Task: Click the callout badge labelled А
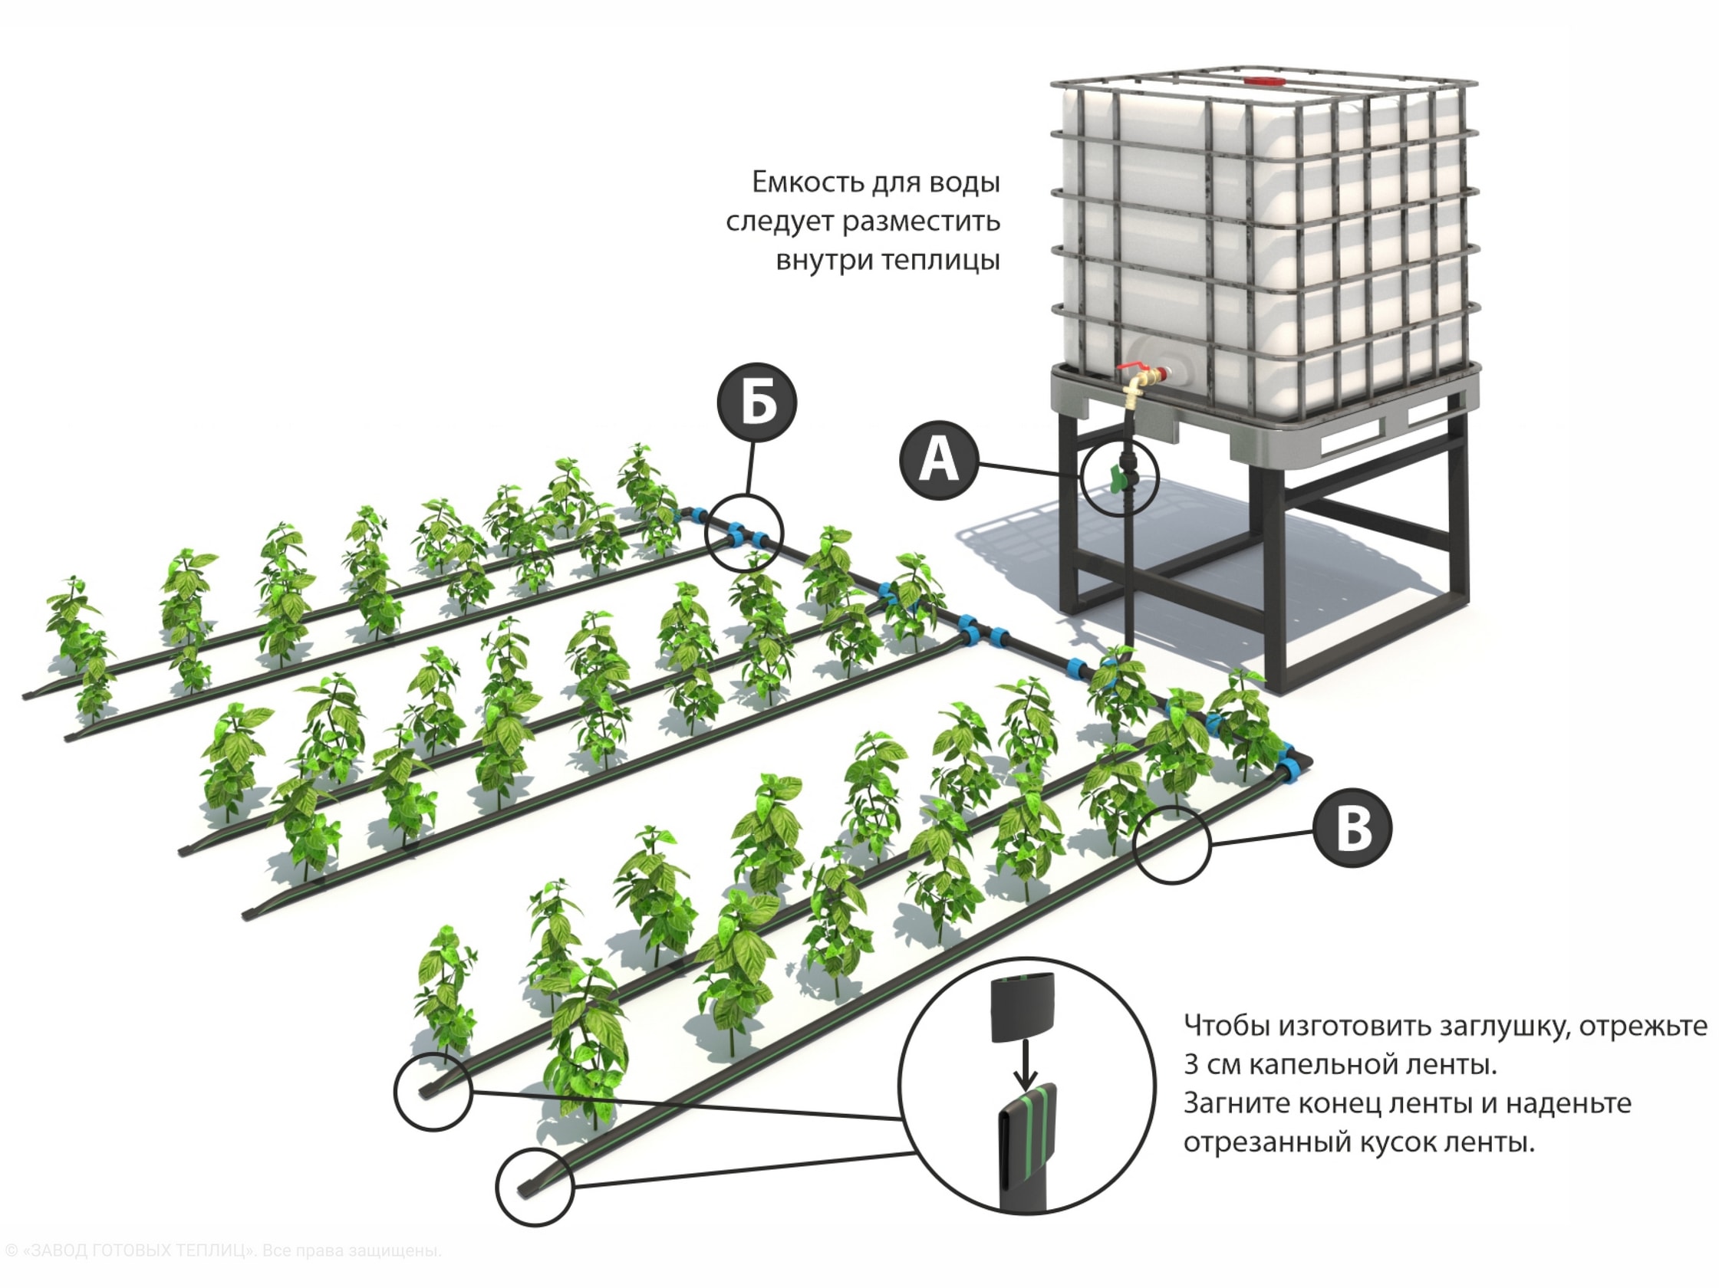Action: click(x=939, y=462)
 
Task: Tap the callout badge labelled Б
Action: click(x=757, y=402)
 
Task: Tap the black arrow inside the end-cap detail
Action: click(x=1026, y=1065)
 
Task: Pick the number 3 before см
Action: click(x=1191, y=1064)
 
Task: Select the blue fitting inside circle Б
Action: click(x=734, y=534)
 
